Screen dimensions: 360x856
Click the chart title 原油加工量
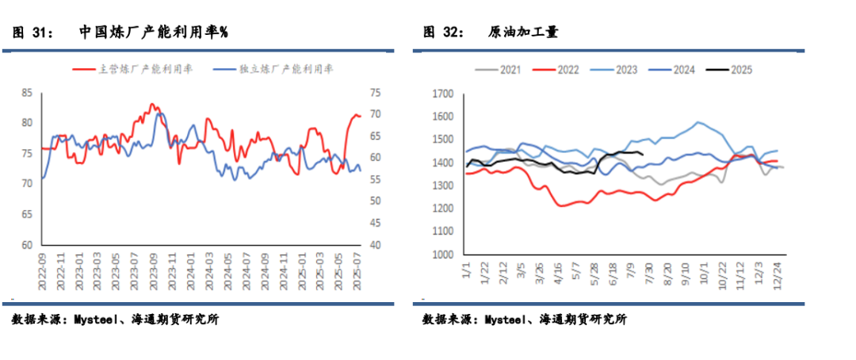(x=523, y=33)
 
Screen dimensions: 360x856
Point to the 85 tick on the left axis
(x=27, y=93)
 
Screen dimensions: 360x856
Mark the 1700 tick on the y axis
(x=441, y=94)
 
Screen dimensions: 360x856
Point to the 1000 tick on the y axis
(x=441, y=256)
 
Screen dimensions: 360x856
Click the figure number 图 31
(x=32, y=33)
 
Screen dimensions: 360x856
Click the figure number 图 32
(x=443, y=33)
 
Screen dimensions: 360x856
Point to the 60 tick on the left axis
(x=27, y=245)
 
